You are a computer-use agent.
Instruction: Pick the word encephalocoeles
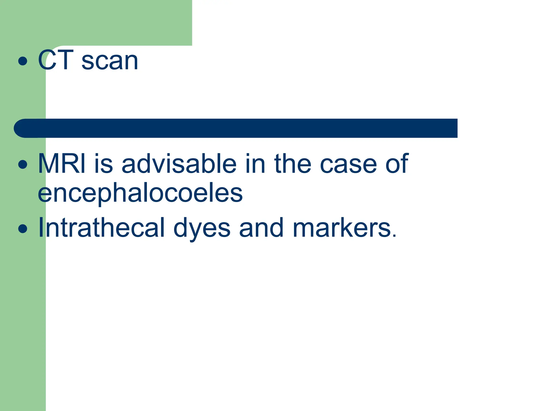click(140, 193)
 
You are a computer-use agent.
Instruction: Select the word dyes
click(202, 229)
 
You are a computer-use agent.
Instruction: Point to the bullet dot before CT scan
click(23, 61)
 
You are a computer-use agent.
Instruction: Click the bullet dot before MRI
click(23, 164)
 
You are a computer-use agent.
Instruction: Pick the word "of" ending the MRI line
click(397, 163)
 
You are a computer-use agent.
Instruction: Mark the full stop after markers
click(394, 235)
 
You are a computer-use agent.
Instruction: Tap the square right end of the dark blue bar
click(453, 128)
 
